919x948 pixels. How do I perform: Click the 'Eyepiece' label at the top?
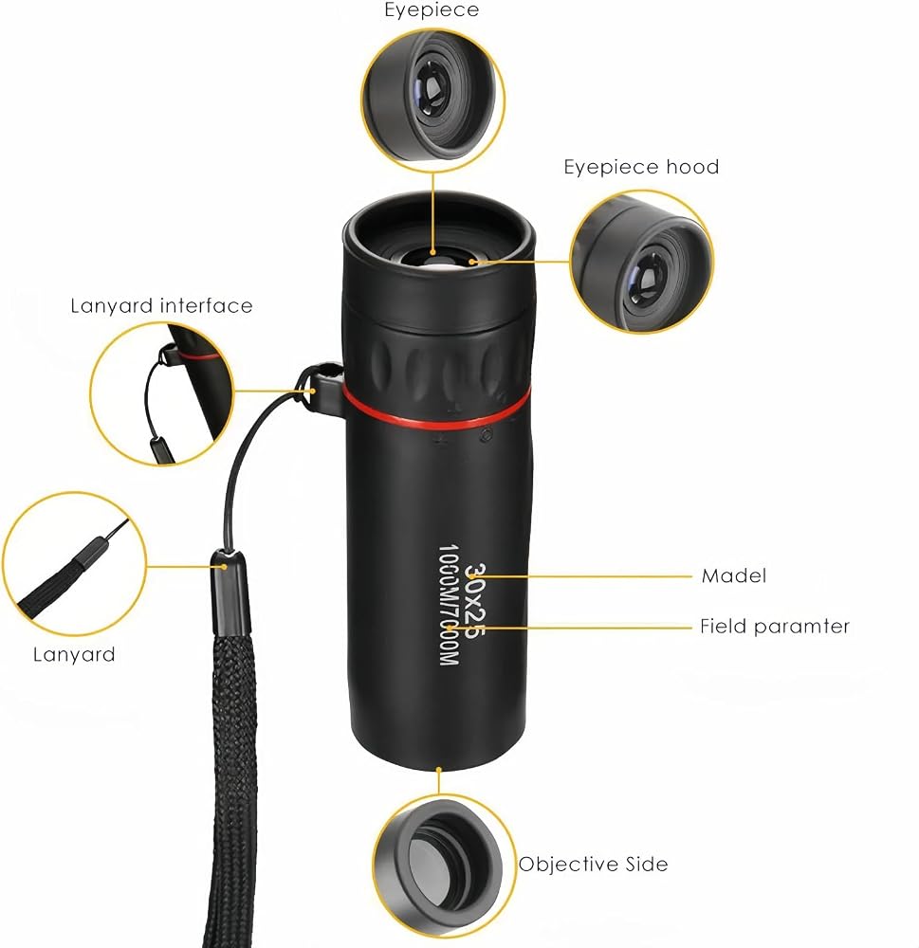432,10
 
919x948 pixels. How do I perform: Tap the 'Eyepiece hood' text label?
641,167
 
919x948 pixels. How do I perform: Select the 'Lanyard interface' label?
161,306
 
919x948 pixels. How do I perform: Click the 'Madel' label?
734,575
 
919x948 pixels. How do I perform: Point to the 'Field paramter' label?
775,627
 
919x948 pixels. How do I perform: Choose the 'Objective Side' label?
594,864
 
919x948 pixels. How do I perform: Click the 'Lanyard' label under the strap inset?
74,655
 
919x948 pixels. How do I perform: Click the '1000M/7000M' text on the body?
449,605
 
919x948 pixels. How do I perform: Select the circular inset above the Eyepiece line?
433,99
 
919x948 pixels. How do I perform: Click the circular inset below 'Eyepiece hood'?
641,262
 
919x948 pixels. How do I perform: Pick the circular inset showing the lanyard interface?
162,393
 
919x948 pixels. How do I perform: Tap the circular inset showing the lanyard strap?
74,564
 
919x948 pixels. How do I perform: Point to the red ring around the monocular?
435,413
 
